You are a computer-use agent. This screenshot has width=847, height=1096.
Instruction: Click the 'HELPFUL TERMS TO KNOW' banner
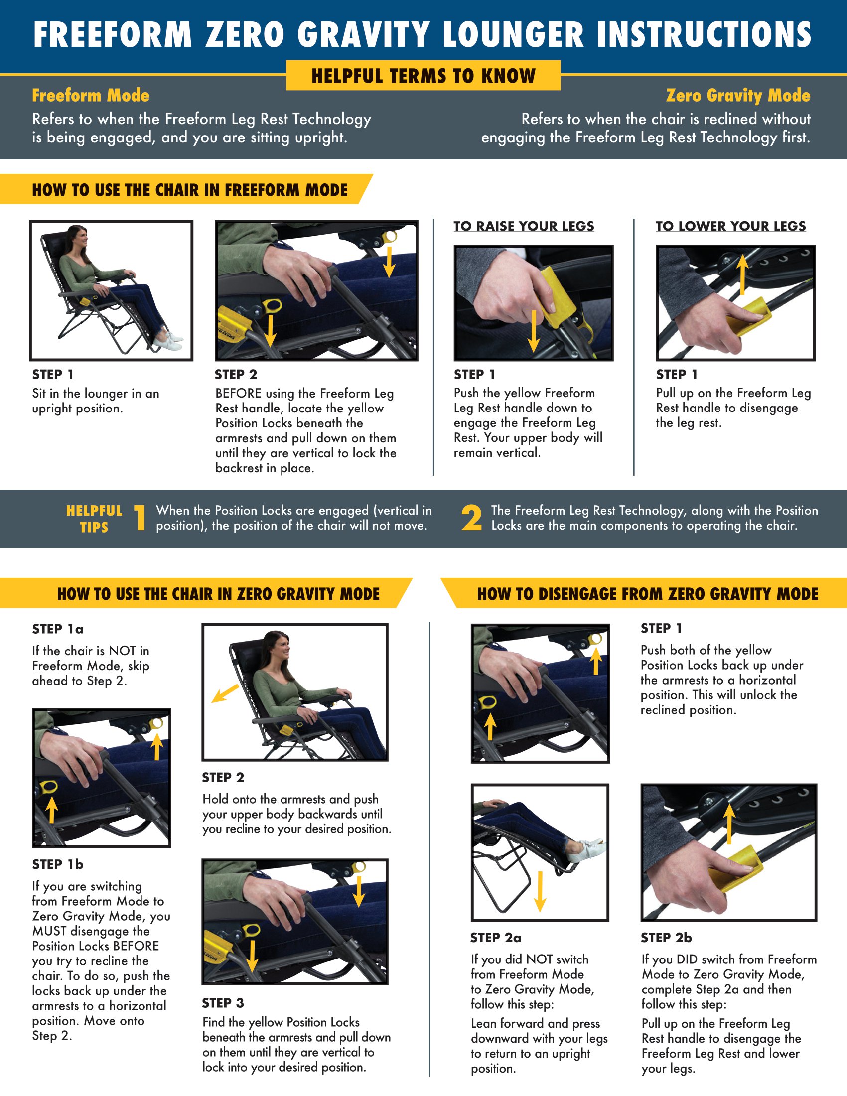pos(423,75)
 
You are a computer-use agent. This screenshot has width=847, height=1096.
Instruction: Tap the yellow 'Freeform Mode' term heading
pos(91,95)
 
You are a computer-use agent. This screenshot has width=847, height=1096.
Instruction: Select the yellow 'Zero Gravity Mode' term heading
pos(738,95)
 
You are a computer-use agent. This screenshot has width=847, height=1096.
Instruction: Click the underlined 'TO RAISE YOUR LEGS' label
pos(524,226)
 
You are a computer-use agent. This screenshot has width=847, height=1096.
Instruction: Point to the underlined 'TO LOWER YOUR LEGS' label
pos(730,226)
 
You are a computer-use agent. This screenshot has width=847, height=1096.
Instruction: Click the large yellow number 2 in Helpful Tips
pos(472,518)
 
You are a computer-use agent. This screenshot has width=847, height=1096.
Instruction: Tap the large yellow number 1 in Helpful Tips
pos(140,518)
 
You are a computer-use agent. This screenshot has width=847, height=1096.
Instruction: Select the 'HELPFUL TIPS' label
pos(94,519)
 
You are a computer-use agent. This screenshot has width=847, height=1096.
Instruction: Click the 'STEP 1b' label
pos(58,864)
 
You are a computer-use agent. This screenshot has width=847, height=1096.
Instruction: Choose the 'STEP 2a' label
pos(496,938)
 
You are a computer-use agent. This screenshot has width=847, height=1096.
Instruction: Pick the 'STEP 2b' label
pos(666,938)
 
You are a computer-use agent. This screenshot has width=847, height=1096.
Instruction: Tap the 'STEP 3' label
pos(223,1003)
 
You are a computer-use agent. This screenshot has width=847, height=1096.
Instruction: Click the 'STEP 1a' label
pos(58,629)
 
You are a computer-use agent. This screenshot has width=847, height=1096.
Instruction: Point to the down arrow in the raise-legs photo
pos(534,331)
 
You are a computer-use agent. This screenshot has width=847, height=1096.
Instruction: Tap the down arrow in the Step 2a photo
pos(540,891)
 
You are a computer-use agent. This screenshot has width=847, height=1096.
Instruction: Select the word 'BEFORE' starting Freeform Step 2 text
pos(238,394)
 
